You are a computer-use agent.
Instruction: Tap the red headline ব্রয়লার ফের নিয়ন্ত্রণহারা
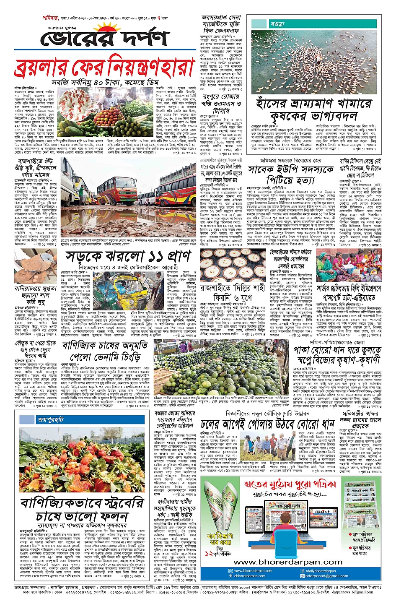click(x=105, y=67)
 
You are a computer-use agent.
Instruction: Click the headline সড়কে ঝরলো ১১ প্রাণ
click(x=128, y=257)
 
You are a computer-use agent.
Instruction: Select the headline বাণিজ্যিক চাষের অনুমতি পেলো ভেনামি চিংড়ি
click(x=105, y=351)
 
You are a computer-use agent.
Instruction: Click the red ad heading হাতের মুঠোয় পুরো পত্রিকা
click(x=290, y=484)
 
